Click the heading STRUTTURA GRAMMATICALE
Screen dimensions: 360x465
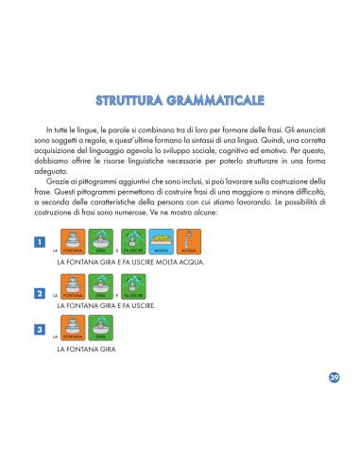click(180, 100)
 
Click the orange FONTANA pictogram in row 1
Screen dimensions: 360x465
click(72, 241)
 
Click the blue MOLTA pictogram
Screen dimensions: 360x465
click(162, 241)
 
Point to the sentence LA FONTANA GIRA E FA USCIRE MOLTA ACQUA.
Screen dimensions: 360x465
click(131, 261)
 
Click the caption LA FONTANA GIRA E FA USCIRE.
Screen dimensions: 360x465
click(106, 306)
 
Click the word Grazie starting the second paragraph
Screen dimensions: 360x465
click(55, 181)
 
